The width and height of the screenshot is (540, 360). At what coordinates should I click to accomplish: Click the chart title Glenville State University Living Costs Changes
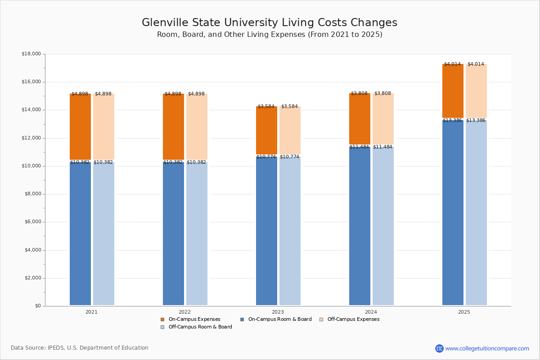(270, 22)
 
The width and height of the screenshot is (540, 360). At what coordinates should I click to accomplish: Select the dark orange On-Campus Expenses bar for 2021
(80, 127)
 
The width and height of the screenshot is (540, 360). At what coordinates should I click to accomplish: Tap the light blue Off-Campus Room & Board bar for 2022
(197, 234)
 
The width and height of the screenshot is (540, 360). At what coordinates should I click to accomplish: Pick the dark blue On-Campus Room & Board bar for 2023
(266, 231)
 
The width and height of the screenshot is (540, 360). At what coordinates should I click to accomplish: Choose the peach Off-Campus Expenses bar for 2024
(383, 119)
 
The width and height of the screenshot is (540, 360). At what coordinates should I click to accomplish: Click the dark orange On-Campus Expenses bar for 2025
(453, 91)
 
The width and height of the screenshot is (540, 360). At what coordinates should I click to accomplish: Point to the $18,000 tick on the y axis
(31, 54)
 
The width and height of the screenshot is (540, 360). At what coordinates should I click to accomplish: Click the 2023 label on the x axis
(278, 312)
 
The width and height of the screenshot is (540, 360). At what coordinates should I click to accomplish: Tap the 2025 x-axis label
(464, 312)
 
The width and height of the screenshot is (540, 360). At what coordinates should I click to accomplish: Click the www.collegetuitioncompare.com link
(487, 348)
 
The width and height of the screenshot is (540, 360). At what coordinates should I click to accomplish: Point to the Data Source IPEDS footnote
(80, 348)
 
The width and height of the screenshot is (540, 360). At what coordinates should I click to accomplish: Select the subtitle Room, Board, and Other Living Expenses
(270, 35)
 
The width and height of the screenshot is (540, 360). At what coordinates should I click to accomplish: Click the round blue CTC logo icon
(439, 348)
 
